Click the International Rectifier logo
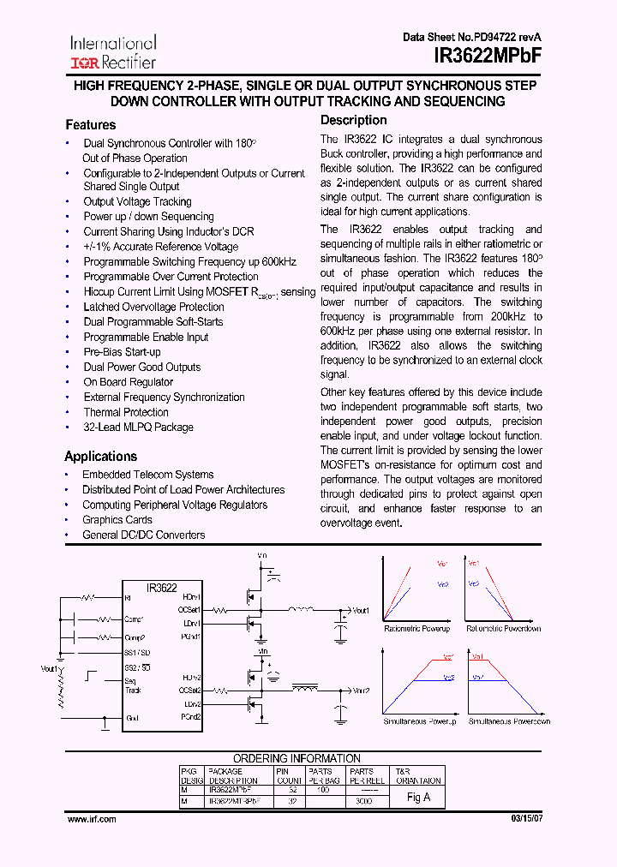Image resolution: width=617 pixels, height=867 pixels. coord(113,52)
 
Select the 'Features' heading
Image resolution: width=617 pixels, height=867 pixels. coord(90,125)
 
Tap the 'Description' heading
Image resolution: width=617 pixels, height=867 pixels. coord(354,121)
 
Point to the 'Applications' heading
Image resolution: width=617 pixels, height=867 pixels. coord(100,457)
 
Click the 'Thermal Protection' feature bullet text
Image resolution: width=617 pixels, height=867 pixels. coord(126,412)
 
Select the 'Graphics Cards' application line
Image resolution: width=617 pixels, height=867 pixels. coord(117,520)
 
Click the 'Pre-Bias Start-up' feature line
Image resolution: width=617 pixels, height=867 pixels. coord(122,352)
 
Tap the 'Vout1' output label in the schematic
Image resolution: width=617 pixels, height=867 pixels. coord(360,611)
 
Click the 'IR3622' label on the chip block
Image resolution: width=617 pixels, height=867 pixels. coord(161,588)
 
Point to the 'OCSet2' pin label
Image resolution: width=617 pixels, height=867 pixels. coord(189,690)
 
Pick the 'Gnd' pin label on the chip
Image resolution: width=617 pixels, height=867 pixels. coord(132,718)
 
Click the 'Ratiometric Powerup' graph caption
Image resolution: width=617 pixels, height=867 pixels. coord(416,629)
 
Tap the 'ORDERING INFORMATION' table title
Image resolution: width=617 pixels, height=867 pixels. coord(297,758)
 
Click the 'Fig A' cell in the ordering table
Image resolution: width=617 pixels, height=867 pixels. coord(418,797)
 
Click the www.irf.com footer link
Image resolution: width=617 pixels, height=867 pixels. coord(92,820)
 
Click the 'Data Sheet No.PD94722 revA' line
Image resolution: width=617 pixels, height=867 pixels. coord(472,38)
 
